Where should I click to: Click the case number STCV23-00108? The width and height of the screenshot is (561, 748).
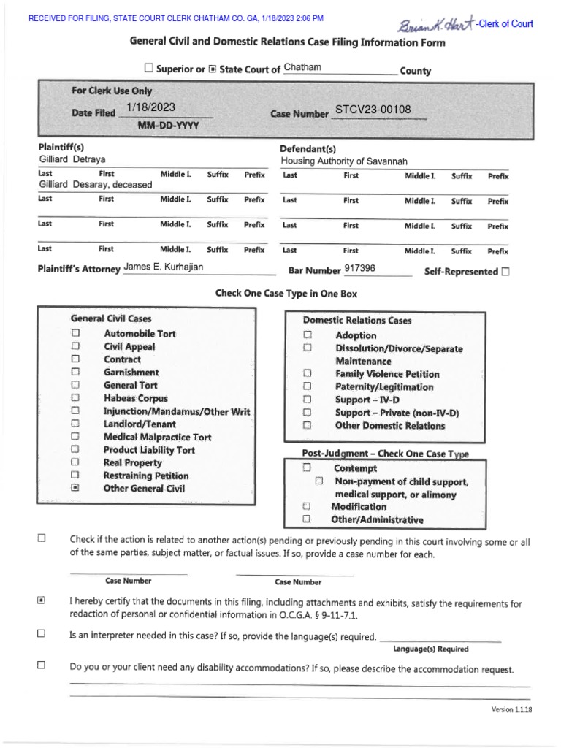373,110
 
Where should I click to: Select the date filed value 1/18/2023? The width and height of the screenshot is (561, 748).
151,107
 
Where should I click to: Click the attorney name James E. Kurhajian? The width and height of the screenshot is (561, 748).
164,267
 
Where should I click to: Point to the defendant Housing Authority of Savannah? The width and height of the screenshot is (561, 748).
344,161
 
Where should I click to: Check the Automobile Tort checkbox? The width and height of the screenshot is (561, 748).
75,333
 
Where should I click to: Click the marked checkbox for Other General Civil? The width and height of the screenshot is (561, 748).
75,489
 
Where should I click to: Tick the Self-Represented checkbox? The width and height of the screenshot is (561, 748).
506,272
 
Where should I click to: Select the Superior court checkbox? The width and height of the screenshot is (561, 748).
149,69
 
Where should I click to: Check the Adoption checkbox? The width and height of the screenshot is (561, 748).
308,335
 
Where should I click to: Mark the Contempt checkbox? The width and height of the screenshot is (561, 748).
308,467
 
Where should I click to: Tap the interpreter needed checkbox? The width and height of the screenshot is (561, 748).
42,633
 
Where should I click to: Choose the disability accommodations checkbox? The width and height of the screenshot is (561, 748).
42,665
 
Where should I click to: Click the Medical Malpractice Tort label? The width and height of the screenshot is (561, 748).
157,437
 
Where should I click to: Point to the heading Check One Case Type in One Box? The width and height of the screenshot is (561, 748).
286,294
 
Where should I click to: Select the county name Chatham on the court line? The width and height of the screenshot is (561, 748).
302,68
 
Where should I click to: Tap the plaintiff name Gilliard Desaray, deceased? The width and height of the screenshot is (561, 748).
95,185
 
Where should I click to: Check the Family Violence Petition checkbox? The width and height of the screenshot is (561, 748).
308,374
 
